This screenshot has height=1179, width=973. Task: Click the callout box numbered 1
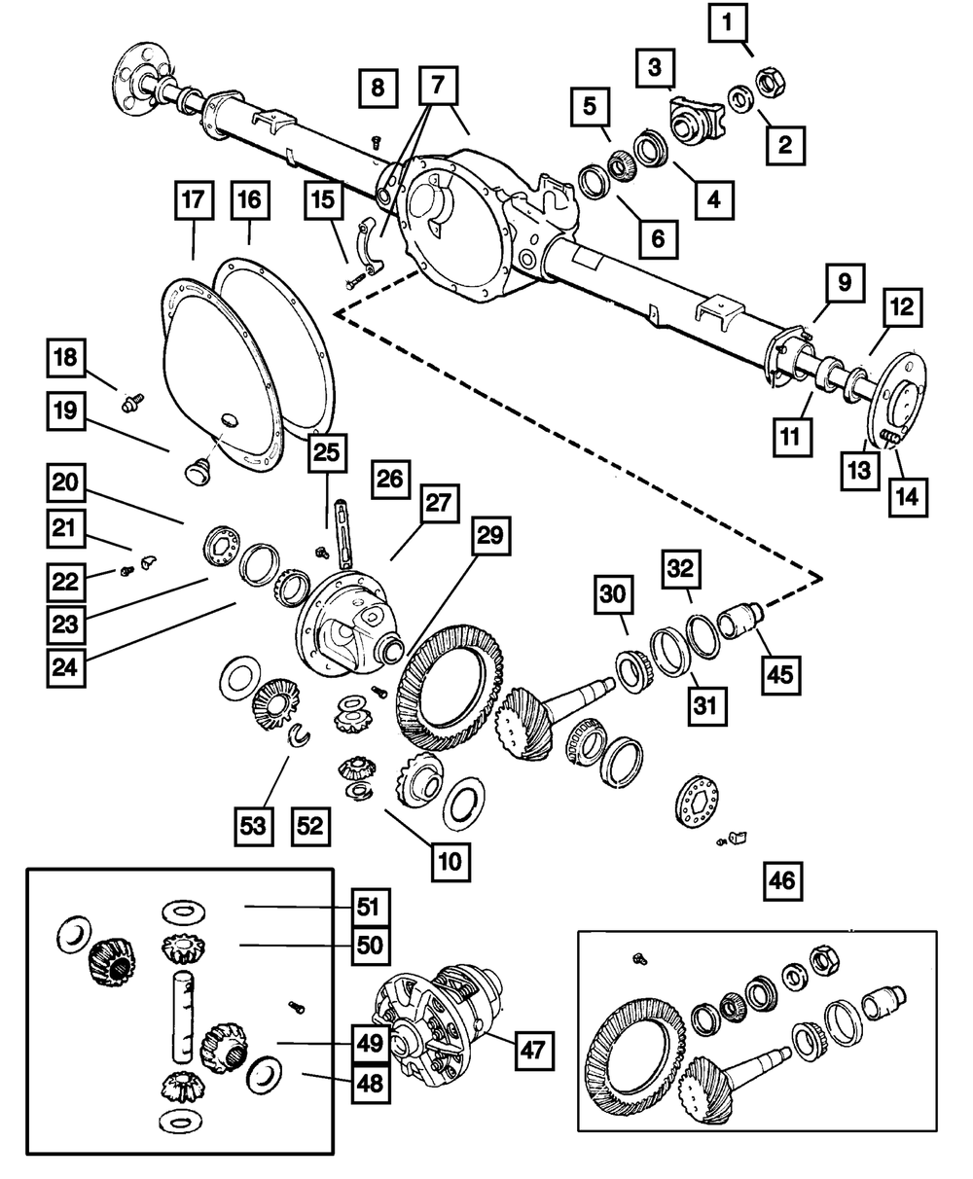pyautogui.click(x=728, y=22)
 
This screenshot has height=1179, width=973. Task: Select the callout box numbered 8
pyautogui.click(x=378, y=89)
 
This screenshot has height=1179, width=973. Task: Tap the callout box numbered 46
pyautogui.click(x=782, y=881)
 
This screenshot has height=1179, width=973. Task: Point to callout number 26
pyautogui.click(x=390, y=480)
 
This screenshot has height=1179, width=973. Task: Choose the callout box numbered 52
pyautogui.click(x=310, y=827)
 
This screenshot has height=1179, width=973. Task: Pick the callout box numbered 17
pyautogui.click(x=194, y=199)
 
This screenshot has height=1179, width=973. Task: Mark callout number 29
pyautogui.click(x=490, y=535)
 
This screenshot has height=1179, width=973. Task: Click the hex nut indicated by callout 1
pyautogui.click(x=771, y=82)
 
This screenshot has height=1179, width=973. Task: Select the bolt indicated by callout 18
pyautogui.click(x=132, y=403)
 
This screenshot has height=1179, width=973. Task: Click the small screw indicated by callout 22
pyautogui.click(x=126, y=571)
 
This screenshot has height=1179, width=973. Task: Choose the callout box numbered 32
pyautogui.click(x=680, y=569)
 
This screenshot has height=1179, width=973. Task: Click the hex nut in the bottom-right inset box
pyautogui.click(x=824, y=959)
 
